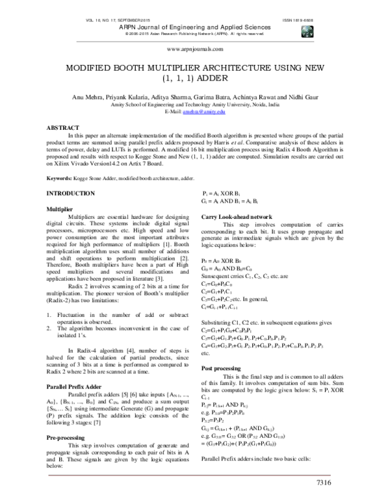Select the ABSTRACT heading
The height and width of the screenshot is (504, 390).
[63, 127]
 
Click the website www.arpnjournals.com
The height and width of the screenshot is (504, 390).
[194, 49]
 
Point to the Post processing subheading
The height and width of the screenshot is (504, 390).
[225, 368]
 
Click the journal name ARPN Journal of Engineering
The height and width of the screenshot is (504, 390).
[194, 27]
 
